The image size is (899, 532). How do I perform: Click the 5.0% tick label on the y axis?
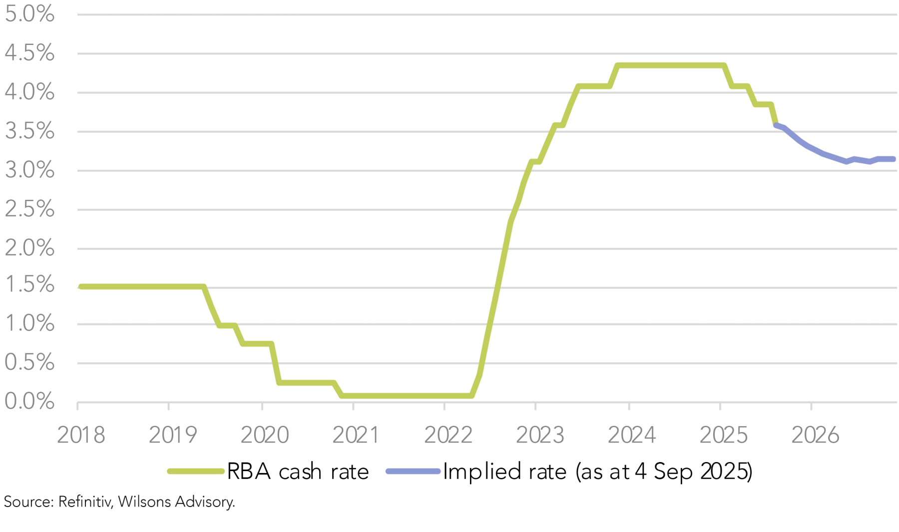point(29,14)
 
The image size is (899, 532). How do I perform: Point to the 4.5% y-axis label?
point(29,53)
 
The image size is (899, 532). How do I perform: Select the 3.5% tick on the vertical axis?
point(29,131)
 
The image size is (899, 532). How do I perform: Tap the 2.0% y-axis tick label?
point(29,248)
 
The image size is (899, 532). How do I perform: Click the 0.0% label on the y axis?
point(29,401)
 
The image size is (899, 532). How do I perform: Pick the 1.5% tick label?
point(29,285)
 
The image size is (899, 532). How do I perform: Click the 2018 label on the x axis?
point(81,435)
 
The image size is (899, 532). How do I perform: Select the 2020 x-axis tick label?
point(265,435)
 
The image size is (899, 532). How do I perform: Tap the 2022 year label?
point(448,435)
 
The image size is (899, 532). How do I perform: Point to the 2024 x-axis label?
point(631,435)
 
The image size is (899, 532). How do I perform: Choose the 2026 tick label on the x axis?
point(815,435)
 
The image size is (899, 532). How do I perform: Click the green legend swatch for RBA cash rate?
point(195,471)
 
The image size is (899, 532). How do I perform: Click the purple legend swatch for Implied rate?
point(413,471)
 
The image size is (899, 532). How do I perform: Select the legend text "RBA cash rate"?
point(298,472)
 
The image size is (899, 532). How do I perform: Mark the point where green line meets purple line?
point(776,125)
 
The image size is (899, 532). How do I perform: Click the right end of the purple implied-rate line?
point(893,159)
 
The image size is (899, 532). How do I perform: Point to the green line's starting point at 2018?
point(81,287)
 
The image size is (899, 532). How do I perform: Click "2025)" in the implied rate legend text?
point(726,472)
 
